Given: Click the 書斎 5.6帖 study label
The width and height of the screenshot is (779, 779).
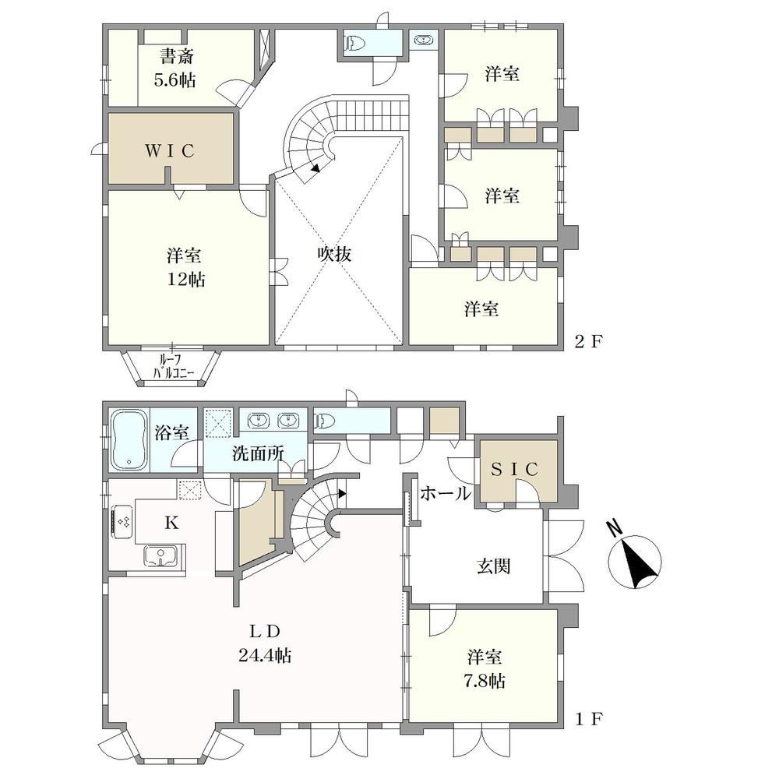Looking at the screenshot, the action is pos(176,68).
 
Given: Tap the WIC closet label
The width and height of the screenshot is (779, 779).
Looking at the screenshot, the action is pos(169,151).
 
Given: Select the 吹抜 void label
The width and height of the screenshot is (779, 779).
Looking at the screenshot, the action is pos(334,254).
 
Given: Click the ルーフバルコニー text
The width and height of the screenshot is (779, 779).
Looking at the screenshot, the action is pos(171,365).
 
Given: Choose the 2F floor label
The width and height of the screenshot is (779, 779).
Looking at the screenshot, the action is pos(588,342).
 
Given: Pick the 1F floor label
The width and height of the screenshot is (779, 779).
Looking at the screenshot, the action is pos(589,718).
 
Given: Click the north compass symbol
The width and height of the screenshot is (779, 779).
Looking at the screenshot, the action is pos(634,559).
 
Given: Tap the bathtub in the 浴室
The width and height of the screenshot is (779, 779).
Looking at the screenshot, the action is pos(129,439).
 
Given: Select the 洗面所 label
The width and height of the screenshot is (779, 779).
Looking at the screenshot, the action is pos(258,453).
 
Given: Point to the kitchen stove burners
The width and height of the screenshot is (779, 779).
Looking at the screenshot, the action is pos(123,523).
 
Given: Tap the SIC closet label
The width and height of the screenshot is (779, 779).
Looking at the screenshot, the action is pos(515,470).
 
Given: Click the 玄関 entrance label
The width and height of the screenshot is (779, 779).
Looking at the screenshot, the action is pos(493,566).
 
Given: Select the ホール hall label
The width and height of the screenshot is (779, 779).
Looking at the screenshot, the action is pos(445,493).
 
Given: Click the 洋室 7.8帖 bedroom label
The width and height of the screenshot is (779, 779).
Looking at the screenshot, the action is pos(485,668).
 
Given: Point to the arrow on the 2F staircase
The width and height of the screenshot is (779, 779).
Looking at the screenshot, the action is pos(315,167).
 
